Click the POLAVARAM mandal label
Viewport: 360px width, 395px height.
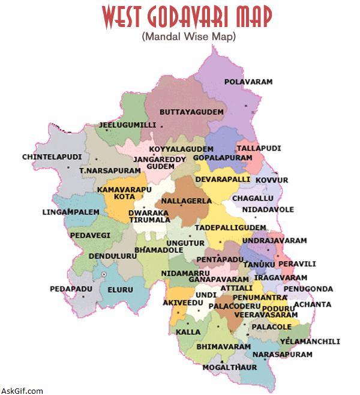[x=248, y=81]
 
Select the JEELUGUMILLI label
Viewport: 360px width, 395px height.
[x=127, y=125]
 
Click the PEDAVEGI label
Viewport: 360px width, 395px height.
[x=90, y=235]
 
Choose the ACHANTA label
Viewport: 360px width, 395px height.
[x=312, y=305]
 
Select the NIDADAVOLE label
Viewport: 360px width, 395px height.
[x=268, y=210]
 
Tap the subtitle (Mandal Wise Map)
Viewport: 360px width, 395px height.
[x=189, y=37]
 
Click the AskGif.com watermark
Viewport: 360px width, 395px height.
[x=22, y=391]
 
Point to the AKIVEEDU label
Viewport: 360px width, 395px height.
[x=184, y=303]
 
